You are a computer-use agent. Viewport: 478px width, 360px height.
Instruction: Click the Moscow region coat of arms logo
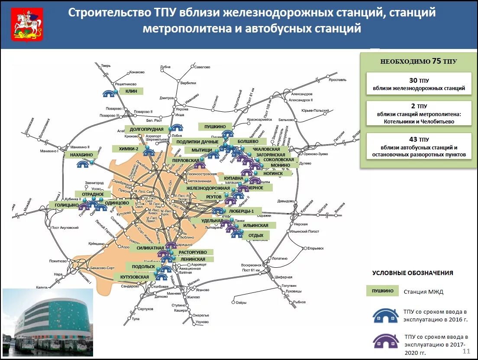27,25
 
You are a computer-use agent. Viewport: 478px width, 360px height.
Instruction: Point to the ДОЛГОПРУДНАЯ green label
147,129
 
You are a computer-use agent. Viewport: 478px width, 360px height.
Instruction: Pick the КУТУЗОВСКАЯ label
135,277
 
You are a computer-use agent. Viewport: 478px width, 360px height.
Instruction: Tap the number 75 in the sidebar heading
436,62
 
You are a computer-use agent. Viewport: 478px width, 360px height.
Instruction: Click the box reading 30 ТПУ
418,84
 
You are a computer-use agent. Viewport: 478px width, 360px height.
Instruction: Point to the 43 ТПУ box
418,146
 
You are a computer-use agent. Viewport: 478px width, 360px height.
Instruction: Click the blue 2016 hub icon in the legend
386,315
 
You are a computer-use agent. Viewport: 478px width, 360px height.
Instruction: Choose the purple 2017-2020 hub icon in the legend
386,341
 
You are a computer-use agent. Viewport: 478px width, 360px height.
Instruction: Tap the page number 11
466,350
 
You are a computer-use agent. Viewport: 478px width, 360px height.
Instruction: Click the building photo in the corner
48,321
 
